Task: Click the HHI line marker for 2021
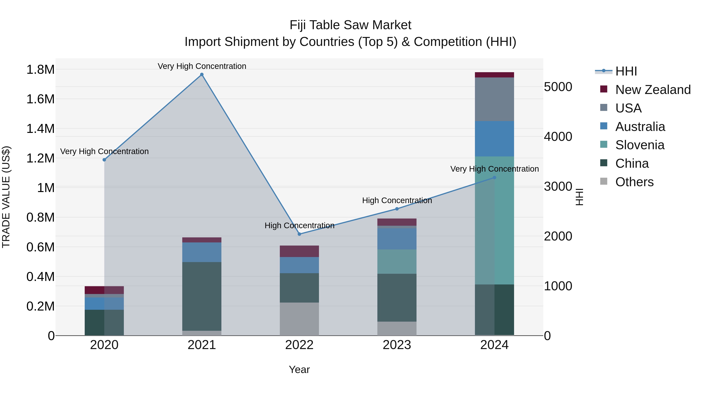click(202, 75)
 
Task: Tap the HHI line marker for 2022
click(299, 234)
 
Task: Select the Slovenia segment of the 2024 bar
click(494, 220)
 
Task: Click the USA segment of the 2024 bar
click(494, 99)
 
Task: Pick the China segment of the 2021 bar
click(202, 296)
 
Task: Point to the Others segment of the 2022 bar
click(299, 319)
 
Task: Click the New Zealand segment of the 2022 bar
click(299, 251)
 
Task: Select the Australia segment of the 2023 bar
click(397, 239)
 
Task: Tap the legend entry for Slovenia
click(639, 145)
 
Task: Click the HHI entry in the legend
click(626, 71)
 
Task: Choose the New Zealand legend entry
click(653, 90)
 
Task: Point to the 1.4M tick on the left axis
click(41, 129)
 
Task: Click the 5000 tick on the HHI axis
click(558, 87)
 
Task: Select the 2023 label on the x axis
click(397, 345)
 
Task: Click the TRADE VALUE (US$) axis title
click(6, 197)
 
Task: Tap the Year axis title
click(299, 369)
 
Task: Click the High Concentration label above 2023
click(397, 200)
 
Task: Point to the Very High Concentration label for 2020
click(104, 151)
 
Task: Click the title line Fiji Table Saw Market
click(350, 25)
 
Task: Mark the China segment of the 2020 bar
click(104, 322)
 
